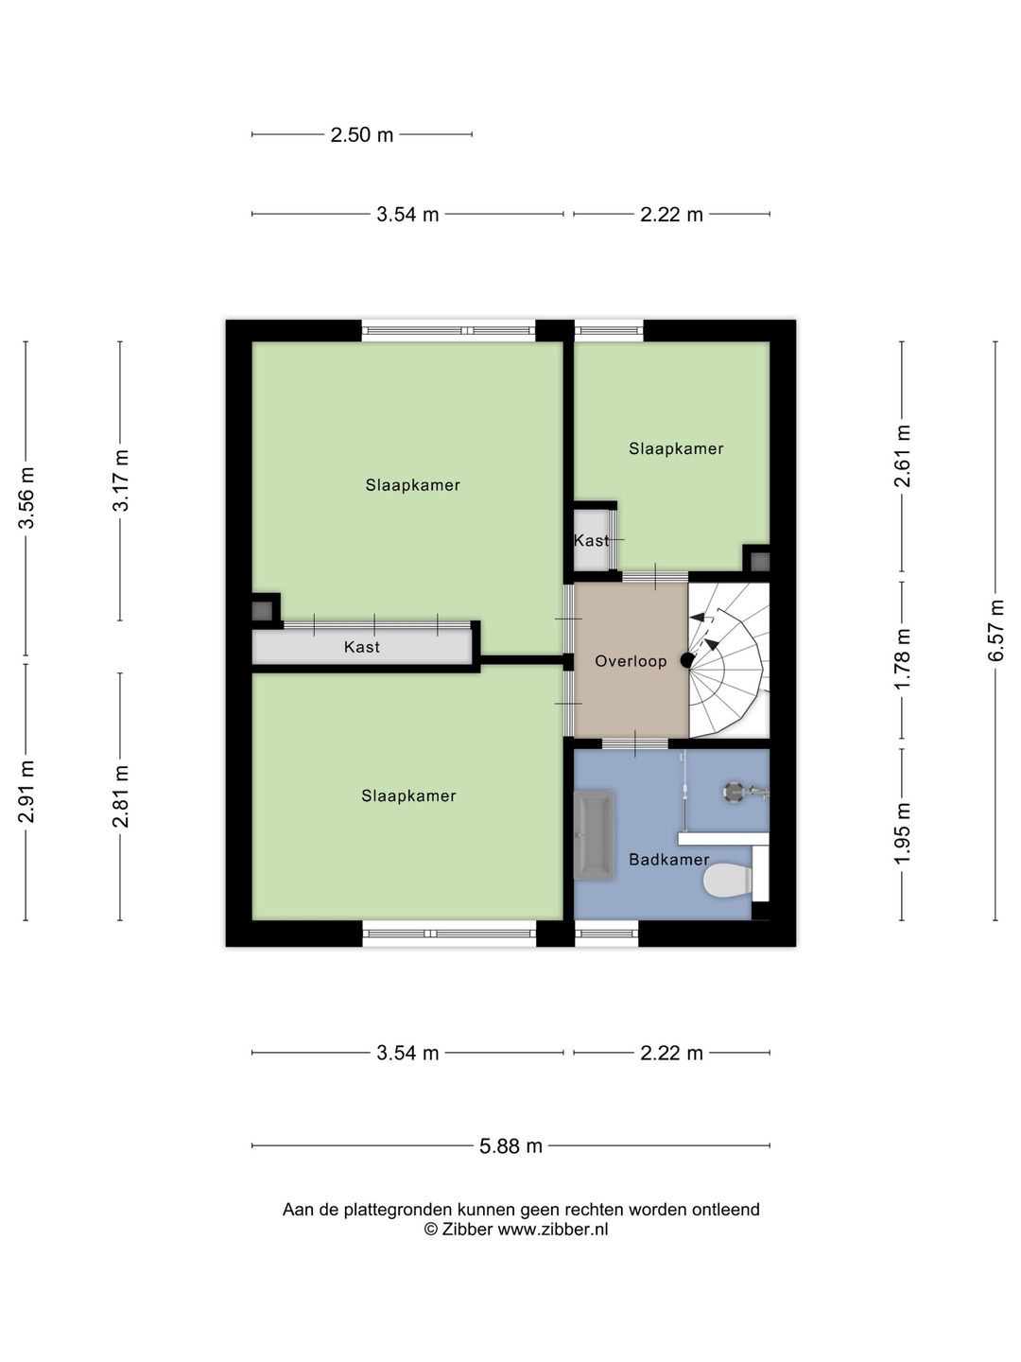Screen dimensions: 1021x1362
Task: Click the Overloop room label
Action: [x=631, y=661]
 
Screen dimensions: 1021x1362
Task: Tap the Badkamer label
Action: [x=669, y=860]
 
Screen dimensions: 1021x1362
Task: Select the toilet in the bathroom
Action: [x=728, y=881]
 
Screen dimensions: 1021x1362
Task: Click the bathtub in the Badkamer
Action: [x=594, y=834]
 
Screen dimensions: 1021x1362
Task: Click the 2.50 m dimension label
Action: [x=362, y=134]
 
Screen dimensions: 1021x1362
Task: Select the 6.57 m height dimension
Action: [x=995, y=631]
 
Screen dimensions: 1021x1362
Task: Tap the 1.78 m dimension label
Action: [x=902, y=659]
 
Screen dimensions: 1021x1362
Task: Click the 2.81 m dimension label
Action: [x=120, y=796]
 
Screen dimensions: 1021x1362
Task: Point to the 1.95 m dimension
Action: [x=902, y=832]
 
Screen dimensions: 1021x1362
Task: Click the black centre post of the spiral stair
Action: [x=686, y=660]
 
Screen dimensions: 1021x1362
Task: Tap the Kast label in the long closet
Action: [x=362, y=647]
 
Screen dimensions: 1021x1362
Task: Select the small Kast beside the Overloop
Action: [x=592, y=540]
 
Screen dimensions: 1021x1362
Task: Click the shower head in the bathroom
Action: [x=734, y=792]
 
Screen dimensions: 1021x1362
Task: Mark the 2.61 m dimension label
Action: [x=902, y=456]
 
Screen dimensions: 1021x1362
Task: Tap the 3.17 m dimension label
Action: [x=120, y=480]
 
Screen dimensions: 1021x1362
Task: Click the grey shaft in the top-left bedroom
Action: [x=262, y=611]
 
